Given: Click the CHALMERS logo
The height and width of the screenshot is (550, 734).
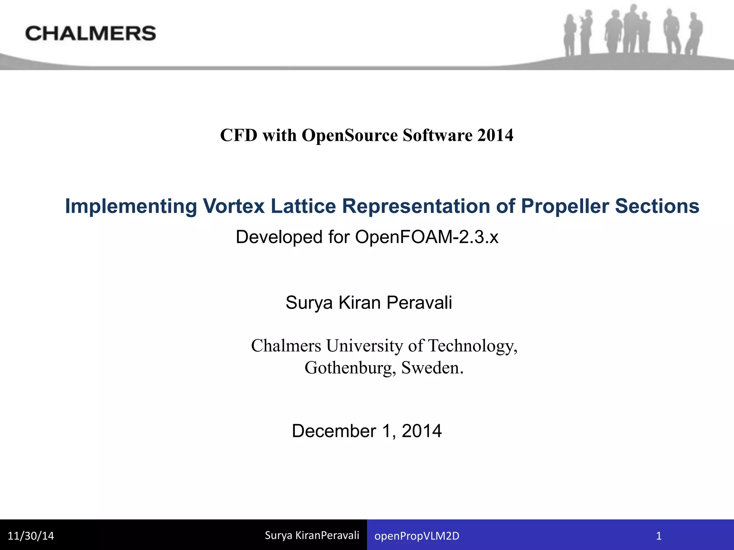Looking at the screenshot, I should (91, 33).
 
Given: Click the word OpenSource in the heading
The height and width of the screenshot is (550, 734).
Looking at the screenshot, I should (349, 135).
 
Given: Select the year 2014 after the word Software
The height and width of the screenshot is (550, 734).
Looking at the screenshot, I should (495, 135).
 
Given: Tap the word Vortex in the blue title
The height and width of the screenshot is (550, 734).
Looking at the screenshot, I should (234, 206).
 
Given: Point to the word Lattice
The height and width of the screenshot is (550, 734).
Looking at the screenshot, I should (303, 206).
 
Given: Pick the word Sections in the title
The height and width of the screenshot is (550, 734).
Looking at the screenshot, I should (657, 206).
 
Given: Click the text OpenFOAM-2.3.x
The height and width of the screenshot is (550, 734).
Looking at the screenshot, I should (426, 237).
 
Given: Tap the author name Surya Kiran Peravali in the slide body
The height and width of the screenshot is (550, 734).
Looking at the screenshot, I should (369, 303).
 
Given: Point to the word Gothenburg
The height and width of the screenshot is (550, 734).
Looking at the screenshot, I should (350, 368).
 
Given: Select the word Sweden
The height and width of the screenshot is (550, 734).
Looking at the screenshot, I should (432, 368).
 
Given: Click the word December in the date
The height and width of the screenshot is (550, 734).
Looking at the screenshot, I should (334, 431).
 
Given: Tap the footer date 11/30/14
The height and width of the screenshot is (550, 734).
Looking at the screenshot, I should (31, 536).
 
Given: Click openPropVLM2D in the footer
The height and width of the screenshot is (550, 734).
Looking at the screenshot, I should (417, 536).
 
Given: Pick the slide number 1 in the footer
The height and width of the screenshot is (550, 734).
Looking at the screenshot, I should (658, 536).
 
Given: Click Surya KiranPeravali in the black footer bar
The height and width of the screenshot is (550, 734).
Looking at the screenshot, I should (312, 535).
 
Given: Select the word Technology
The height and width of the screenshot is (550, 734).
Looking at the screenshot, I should (473, 346).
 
